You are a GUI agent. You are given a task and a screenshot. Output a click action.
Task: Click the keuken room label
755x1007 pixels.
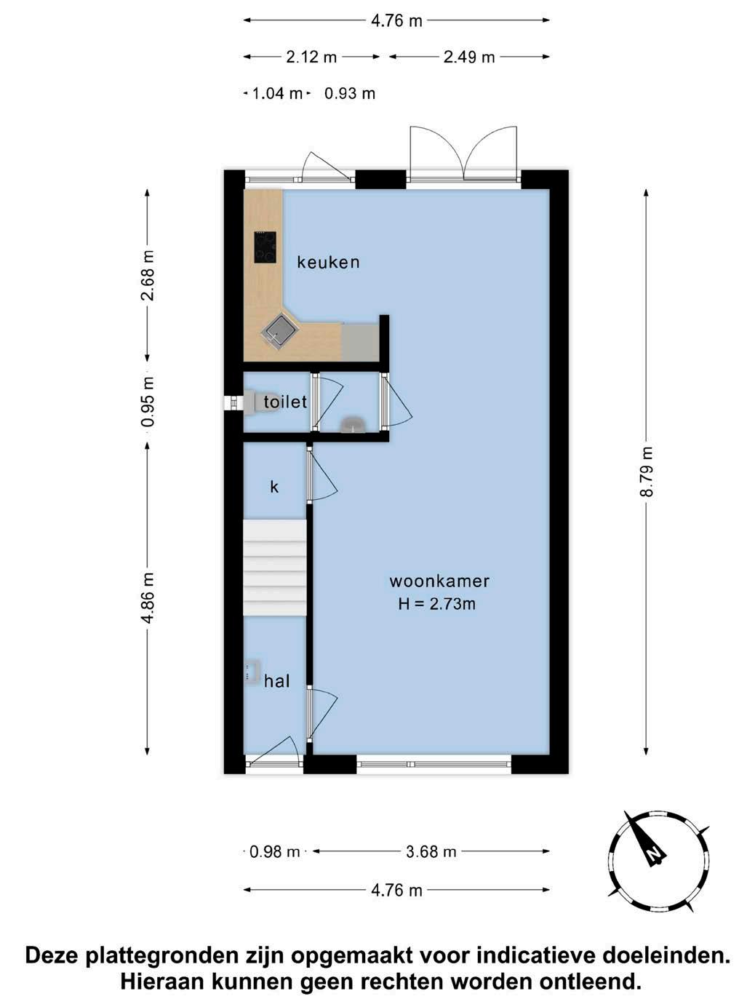(x=328, y=262)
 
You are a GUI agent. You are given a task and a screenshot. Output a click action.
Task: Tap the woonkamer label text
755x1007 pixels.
(x=439, y=581)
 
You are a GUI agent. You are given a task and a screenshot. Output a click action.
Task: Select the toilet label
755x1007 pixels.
(x=285, y=402)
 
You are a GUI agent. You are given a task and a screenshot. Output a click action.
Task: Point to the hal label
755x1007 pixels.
(x=277, y=681)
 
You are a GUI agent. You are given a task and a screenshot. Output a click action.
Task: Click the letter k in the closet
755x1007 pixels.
(x=274, y=486)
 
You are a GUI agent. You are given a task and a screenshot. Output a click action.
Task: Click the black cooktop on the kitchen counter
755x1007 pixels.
(x=265, y=247)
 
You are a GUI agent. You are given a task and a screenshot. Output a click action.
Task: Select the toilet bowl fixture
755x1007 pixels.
(x=258, y=402)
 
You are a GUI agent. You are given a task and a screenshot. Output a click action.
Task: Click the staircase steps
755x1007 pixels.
(x=274, y=568)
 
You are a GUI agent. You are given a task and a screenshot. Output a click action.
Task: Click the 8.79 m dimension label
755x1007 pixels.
(x=646, y=471)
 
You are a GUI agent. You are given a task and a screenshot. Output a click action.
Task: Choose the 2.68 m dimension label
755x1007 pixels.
(x=148, y=275)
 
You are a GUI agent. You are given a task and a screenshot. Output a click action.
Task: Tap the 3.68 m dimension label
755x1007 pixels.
(x=431, y=852)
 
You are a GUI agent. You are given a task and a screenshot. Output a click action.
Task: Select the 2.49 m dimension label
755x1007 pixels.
(x=469, y=57)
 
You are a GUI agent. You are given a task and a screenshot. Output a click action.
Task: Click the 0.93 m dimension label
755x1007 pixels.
(x=350, y=94)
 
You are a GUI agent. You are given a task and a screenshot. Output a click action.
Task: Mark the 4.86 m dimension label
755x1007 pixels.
(x=148, y=598)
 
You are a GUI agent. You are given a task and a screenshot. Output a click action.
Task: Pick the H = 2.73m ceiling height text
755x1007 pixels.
(x=437, y=604)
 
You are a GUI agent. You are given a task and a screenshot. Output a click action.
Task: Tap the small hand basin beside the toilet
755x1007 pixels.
(x=352, y=425)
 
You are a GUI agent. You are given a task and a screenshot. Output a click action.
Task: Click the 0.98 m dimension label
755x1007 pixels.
(x=274, y=852)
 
